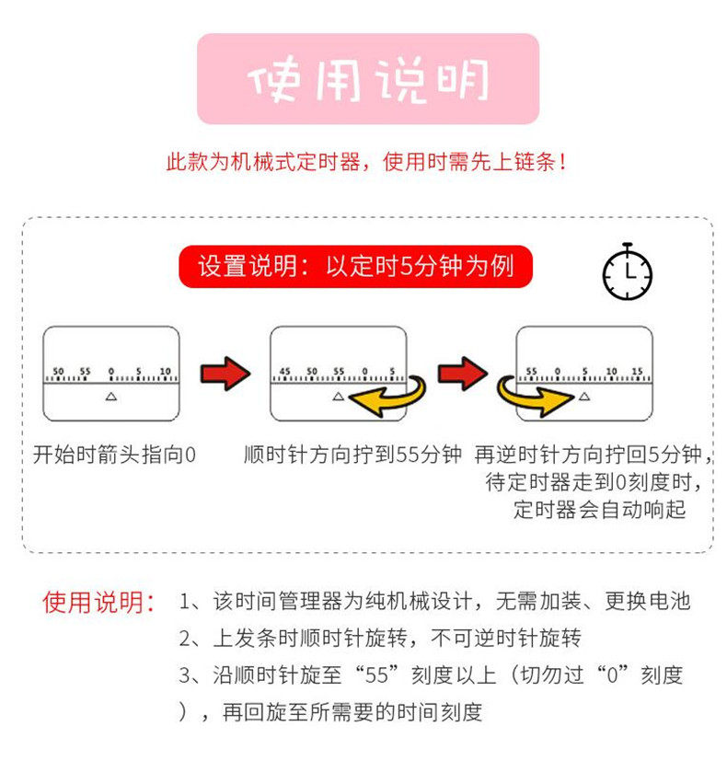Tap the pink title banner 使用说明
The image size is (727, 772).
click(368, 79)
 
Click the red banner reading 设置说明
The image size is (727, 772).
click(355, 266)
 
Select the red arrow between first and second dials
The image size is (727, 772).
click(225, 374)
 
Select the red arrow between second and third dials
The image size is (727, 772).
click(463, 374)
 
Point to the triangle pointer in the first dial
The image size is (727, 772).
click(111, 397)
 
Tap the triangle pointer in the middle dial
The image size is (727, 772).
click(339, 397)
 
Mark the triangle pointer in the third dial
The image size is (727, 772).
click(584, 397)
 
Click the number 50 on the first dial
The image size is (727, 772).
click(58, 371)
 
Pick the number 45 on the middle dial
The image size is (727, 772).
click(284, 371)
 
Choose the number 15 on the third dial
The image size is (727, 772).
click(638, 371)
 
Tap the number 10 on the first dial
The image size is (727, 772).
click(166, 371)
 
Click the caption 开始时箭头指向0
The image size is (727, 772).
click(114, 455)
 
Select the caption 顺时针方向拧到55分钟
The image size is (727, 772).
click(352, 455)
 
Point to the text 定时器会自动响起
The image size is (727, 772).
click(599, 510)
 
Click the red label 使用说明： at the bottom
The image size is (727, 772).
click(99, 602)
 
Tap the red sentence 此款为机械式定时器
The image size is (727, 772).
click(263, 162)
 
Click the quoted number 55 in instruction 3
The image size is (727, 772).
click(376, 675)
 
